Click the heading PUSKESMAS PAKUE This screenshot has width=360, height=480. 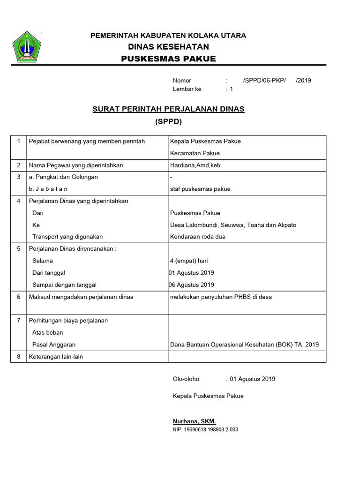pyautogui.click(x=168, y=59)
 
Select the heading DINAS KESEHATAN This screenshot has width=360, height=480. pyautogui.click(x=168, y=47)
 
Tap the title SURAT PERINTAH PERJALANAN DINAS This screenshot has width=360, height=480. pyautogui.click(x=168, y=109)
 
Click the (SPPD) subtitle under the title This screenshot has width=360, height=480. pyautogui.click(x=168, y=121)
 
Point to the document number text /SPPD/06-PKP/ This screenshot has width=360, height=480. pyautogui.click(x=264, y=80)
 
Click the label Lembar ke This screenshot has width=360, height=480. pyautogui.click(x=187, y=89)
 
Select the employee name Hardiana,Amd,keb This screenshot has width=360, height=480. pyautogui.click(x=195, y=165)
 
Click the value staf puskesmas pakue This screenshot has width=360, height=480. pyautogui.click(x=200, y=189)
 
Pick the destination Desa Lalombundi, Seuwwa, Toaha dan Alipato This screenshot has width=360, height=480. pyautogui.click(x=233, y=225)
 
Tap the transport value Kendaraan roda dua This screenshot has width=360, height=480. pyautogui.click(x=197, y=237)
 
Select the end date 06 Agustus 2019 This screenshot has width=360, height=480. pyautogui.click(x=192, y=285)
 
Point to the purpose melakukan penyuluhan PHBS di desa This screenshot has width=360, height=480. pyautogui.click(x=221, y=297)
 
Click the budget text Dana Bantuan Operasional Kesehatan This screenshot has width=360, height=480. pyautogui.click(x=244, y=345)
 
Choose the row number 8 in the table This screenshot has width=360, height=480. pyautogui.click(x=19, y=356)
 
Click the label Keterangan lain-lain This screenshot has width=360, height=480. pyautogui.click(x=54, y=356)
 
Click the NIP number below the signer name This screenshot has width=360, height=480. pyautogui.click(x=205, y=429)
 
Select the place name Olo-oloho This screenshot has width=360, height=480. pyautogui.click(x=186, y=379)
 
